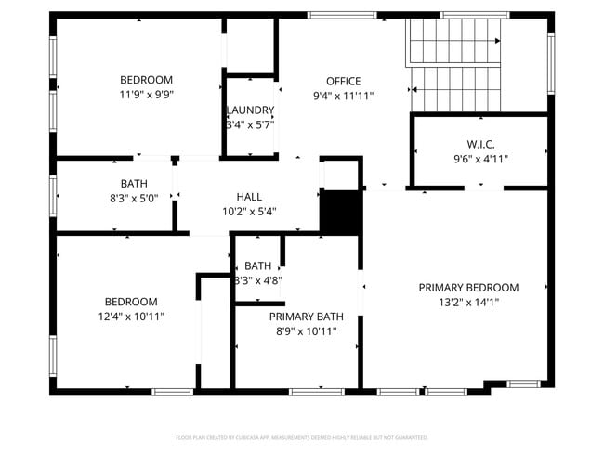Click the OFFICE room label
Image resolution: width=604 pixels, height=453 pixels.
click(343, 81)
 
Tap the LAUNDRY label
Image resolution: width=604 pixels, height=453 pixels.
click(251, 110)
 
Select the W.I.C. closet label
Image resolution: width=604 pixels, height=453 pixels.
click(480, 144)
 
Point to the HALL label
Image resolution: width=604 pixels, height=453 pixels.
click(249, 197)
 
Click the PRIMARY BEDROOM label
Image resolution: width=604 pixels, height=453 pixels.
click(468, 288)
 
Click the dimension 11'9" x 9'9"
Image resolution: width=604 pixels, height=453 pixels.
click(146, 94)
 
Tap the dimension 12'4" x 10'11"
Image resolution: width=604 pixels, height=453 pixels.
click(130, 317)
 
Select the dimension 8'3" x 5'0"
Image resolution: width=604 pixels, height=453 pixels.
click(133, 198)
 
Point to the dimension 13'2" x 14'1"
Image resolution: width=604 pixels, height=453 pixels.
click(468, 303)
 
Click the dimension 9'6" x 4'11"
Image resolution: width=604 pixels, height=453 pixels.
click(480, 159)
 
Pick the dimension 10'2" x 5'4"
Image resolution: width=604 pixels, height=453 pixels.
click(249, 212)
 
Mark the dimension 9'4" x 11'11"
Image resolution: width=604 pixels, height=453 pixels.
click(343, 95)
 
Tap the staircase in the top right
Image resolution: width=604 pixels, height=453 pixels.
click(454, 65)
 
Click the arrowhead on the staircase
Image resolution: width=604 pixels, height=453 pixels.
click(499, 41)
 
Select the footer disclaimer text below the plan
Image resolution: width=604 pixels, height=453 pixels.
click(302, 437)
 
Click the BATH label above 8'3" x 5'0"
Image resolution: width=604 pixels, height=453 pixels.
click(133, 184)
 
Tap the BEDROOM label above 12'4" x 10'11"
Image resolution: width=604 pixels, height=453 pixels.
click(130, 302)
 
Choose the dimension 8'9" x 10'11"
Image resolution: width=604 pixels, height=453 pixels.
click(303, 331)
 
